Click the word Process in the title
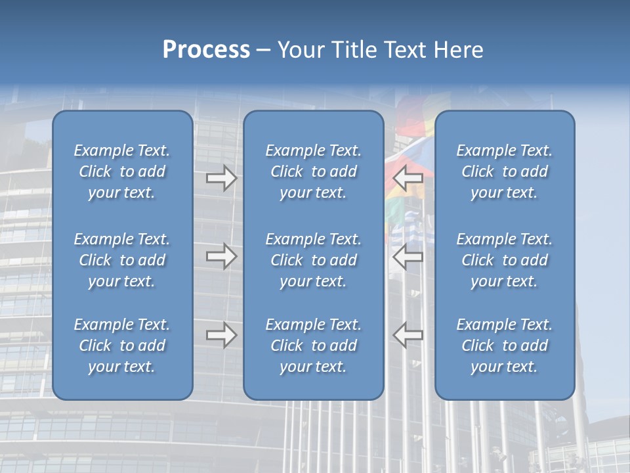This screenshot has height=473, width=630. coord(206,50)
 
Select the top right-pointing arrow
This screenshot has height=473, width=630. coord(221,177)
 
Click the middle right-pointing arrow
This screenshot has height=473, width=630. coord(221,256)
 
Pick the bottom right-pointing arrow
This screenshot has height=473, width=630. coord(221,335)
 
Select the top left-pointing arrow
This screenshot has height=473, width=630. coord(408,177)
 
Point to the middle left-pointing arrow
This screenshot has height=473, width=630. coord(408,256)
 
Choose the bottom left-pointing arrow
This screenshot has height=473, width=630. coord(408,335)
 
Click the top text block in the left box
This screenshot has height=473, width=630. coord(122,171)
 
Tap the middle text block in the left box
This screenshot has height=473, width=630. coord(122,260)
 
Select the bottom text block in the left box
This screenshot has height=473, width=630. coord(122,346)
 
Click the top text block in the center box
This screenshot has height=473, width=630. coord(313,171)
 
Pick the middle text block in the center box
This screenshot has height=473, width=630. coord(313,260)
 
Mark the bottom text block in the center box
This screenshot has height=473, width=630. coord(313,346)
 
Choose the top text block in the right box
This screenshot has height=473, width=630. coord(504,171)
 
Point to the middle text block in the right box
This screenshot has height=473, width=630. coord(504,260)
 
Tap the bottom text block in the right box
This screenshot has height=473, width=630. coord(504,346)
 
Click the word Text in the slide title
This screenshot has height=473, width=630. coord(405,50)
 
